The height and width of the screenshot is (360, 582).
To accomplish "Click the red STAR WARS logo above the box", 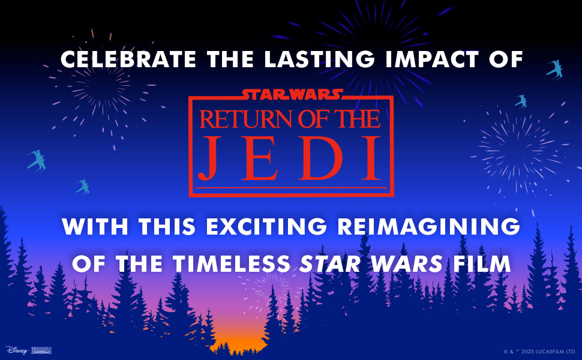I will pyautogui.click(x=292, y=94).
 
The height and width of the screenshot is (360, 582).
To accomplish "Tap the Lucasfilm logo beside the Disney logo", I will pyautogui.click(x=41, y=350).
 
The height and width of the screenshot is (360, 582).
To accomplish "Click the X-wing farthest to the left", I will pyautogui.click(x=36, y=160).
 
